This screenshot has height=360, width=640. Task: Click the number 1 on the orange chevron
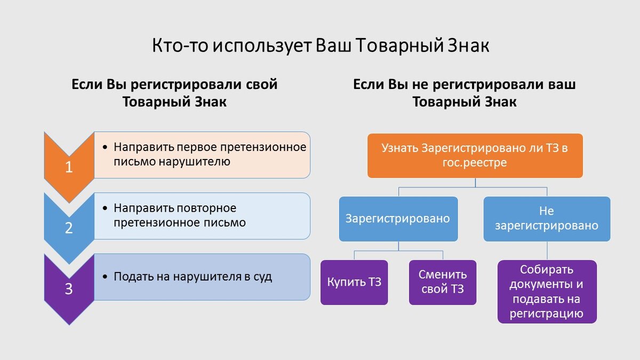69,167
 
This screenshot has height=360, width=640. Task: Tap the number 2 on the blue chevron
69,228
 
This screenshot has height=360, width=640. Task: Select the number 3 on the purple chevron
69,289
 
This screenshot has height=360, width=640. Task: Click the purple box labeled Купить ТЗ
354,282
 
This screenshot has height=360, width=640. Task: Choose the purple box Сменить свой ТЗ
443,282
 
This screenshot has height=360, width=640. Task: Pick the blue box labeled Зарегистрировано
398,219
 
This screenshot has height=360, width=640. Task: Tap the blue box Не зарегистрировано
547,219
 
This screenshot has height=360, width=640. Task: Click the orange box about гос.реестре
475,156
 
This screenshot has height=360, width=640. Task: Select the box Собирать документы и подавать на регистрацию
547,292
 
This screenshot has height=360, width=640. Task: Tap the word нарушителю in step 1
195,162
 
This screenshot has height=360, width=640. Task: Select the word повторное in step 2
206,209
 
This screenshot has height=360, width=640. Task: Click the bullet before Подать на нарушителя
105,277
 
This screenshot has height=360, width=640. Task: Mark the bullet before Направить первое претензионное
105,147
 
